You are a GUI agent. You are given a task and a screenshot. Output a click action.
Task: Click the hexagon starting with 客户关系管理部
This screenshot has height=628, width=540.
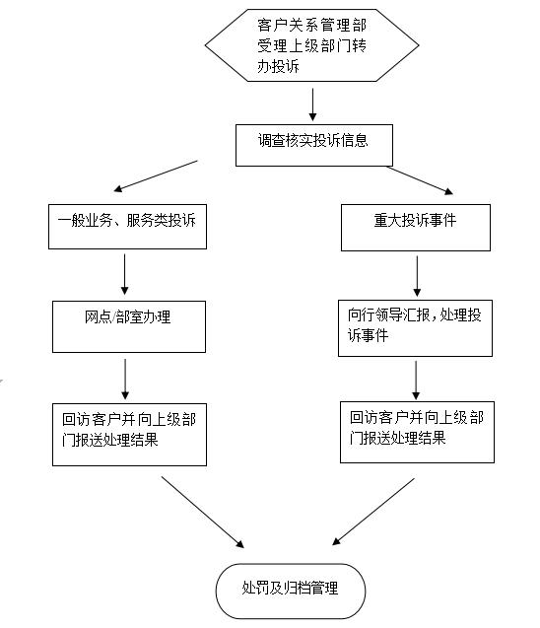pos(311,45)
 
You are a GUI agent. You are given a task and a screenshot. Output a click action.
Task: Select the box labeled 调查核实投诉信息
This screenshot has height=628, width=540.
pos(314,145)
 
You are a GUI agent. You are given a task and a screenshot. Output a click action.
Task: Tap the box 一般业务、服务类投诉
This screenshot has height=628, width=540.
pos(127,227)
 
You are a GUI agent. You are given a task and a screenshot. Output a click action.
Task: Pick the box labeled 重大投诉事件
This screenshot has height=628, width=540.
pos(416,228)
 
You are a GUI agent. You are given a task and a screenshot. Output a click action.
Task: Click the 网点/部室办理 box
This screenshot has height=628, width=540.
pos(129,327)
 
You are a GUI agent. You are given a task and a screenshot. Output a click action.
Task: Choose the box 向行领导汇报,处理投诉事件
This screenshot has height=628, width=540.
pos(415,328)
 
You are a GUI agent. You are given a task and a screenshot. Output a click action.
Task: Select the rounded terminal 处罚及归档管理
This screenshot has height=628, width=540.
pos(291,592)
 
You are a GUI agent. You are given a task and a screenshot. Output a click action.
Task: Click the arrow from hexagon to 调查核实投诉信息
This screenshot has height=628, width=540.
pos(312,105)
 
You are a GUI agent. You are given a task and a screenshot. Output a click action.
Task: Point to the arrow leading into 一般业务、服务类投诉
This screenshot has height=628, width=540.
pos(156,176)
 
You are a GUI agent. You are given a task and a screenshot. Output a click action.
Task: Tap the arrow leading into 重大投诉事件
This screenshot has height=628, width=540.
pos(420,180)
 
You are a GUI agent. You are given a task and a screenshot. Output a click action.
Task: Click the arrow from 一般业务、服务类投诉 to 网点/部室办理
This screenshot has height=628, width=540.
pos(124,274)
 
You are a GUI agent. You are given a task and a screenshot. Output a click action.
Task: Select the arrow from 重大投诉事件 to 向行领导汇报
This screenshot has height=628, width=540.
pos(417,276)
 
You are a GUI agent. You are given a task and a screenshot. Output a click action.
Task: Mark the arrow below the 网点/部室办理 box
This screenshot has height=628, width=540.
pos(125,379)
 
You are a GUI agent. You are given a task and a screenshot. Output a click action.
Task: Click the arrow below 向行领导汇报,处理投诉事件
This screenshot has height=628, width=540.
pos(416,381)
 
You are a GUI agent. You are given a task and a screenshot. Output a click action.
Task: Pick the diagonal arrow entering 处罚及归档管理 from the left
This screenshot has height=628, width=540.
pos(203,512)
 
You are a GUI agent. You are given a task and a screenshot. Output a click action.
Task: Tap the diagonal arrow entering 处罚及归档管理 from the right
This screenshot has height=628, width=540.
pos(373,512)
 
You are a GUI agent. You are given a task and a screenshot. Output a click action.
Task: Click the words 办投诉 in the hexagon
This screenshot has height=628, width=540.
pos(278,66)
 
